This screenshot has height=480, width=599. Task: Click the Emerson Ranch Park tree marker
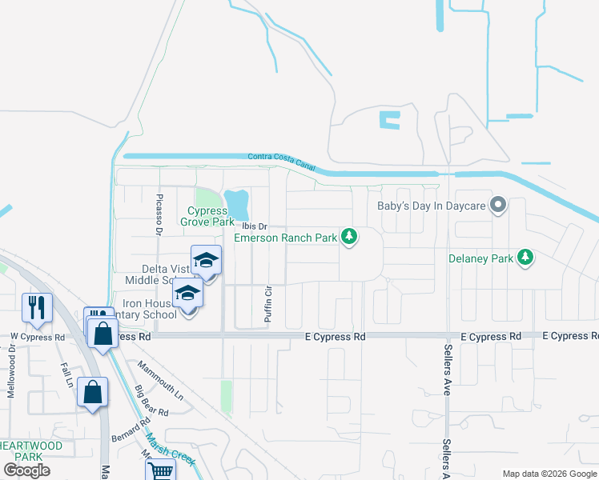[348, 236]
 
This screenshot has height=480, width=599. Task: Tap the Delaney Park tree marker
[525, 257]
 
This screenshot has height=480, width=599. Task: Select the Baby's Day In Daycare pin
[497, 206]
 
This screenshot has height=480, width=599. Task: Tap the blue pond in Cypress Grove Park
[236, 203]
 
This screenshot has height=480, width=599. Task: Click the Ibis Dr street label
[255, 226]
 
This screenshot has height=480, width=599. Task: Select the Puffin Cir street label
[269, 303]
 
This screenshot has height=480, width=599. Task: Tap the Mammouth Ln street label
[160, 381]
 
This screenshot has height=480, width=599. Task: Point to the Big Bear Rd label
[151, 402]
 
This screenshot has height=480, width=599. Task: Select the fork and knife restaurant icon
[38, 308]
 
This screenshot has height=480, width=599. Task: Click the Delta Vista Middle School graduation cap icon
[206, 262]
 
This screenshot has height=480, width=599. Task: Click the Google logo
[26, 470]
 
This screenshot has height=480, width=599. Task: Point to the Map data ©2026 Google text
[549, 474]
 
